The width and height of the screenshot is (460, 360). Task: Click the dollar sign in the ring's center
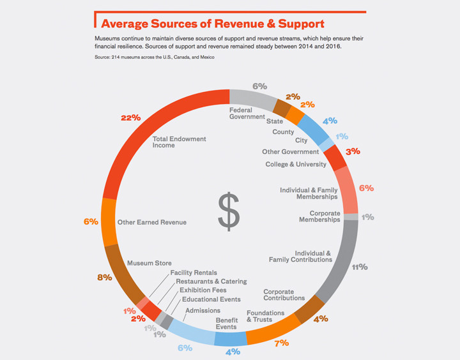[x=229, y=212]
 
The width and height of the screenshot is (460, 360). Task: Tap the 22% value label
[x=131, y=118]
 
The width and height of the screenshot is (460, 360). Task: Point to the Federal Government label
[x=247, y=114]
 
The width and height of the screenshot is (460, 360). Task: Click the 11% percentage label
[x=360, y=267]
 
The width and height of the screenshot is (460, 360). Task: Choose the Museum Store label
[x=149, y=263]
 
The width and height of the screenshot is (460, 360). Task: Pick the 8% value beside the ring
[x=105, y=277]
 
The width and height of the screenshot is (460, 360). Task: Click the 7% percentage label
[x=282, y=343]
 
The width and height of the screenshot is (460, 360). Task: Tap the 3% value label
[x=353, y=151]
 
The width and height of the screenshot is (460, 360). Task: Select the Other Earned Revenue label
[x=152, y=223]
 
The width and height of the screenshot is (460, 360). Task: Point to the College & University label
[x=296, y=165]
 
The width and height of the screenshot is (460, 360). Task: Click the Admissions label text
[x=203, y=310]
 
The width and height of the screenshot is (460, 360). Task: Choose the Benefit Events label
[x=227, y=324]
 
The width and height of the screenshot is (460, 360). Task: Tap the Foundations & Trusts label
[x=266, y=317]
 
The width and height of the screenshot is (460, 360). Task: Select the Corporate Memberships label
[x=320, y=216]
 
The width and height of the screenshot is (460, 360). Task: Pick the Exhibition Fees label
[x=203, y=290]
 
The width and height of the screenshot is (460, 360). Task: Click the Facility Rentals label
[x=194, y=273]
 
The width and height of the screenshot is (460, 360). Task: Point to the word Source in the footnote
[x=102, y=57]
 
